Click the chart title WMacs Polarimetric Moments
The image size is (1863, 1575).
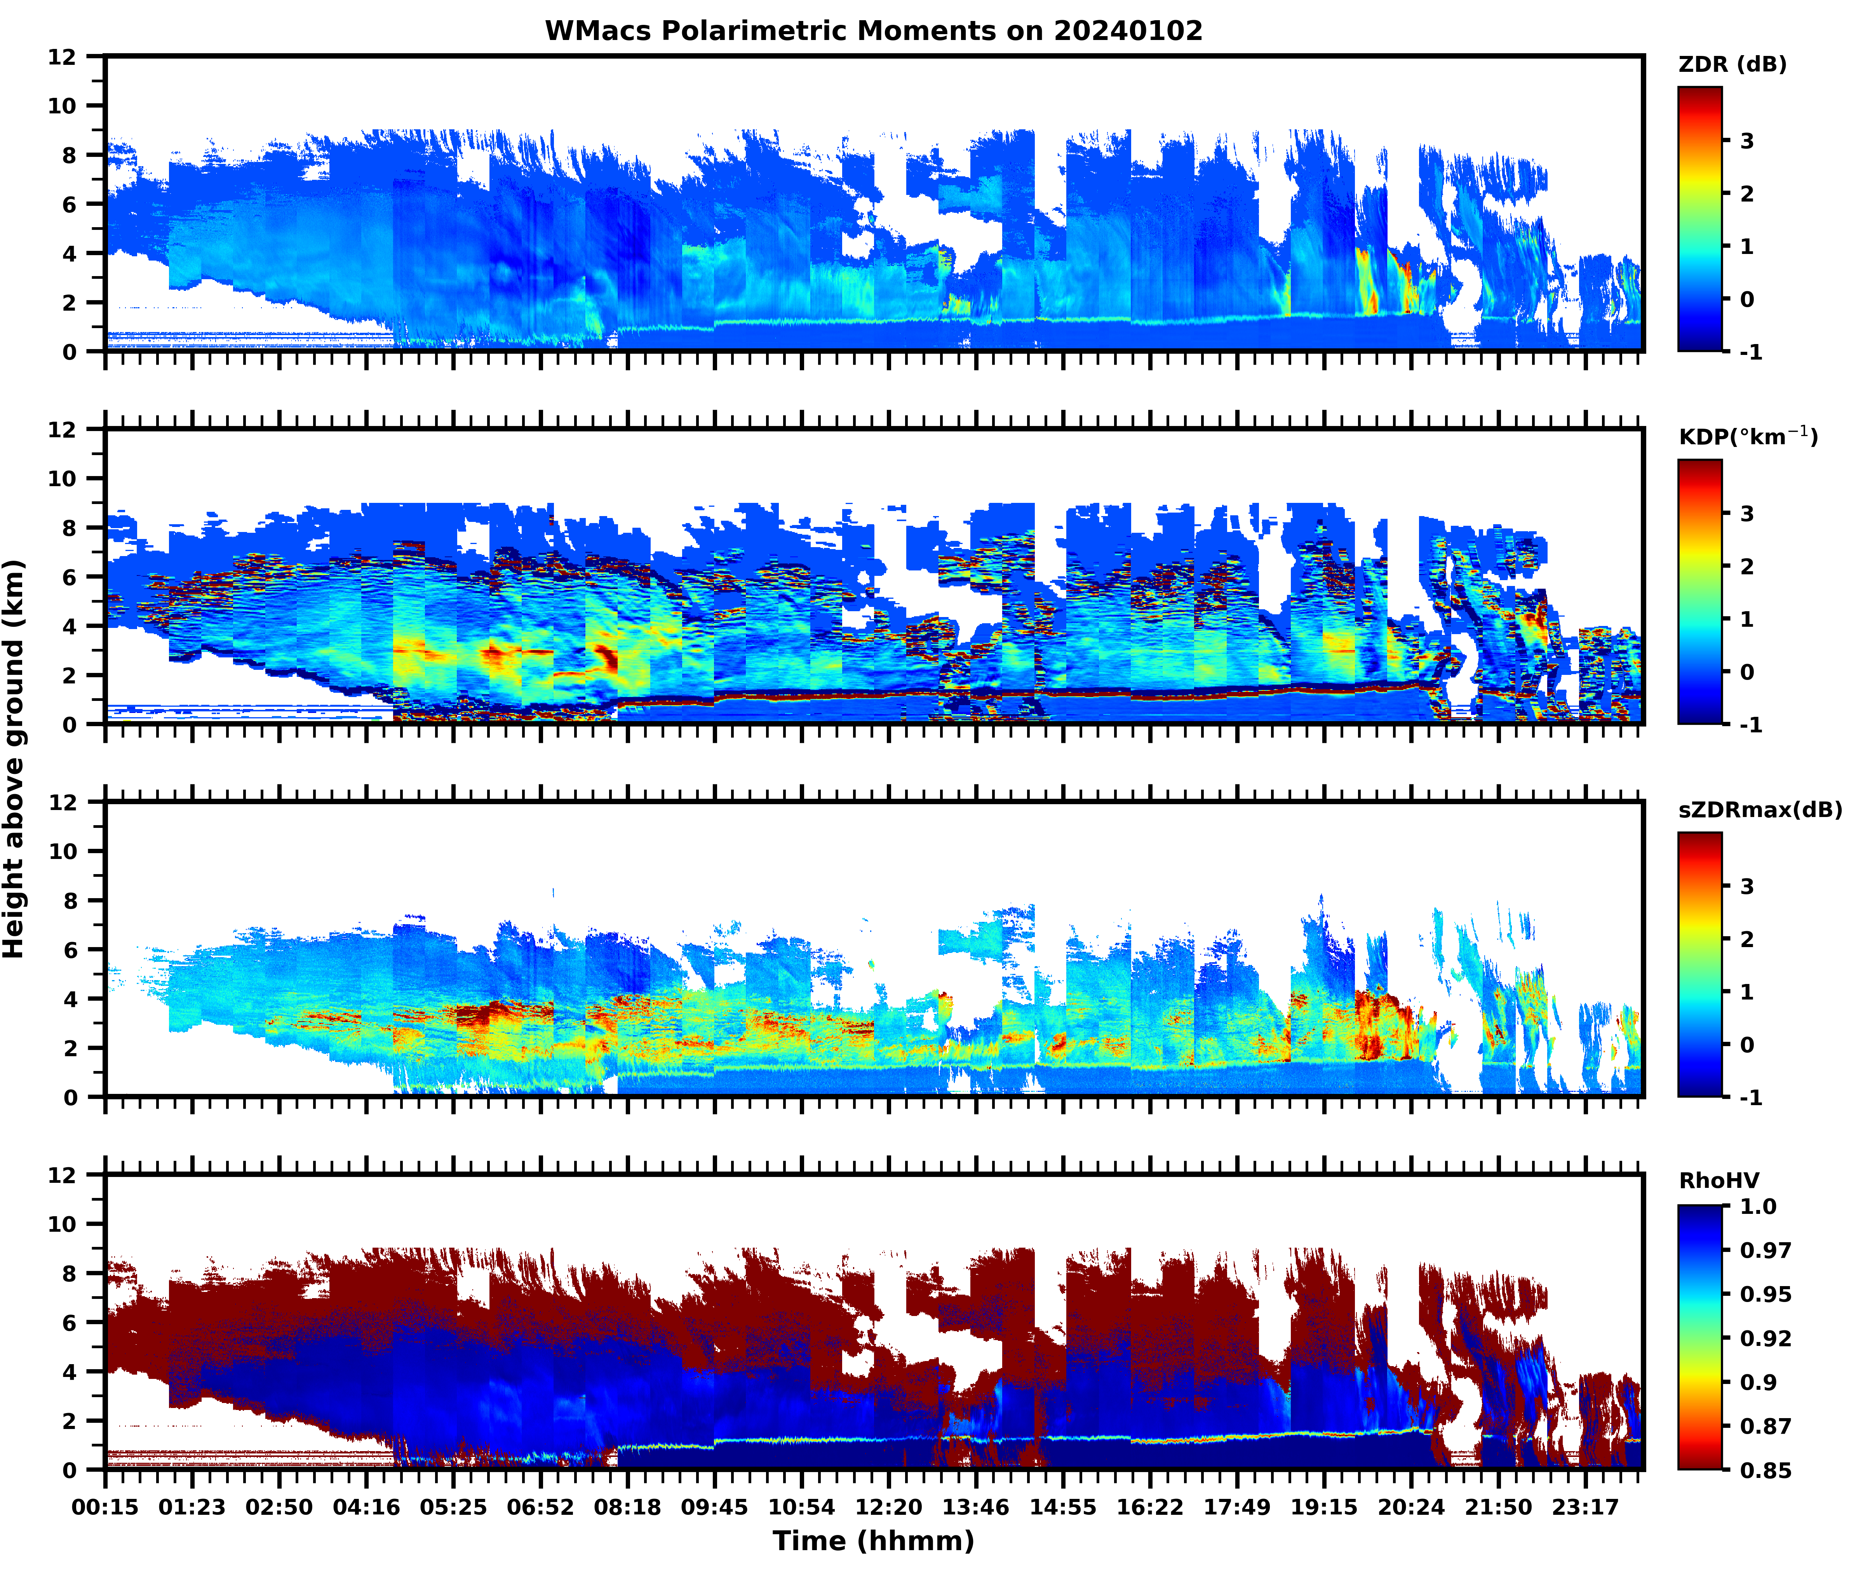coord(874,31)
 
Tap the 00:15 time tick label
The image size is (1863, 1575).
coord(105,1508)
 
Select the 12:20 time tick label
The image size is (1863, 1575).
coord(889,1508)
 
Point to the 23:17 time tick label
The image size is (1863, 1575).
coord(1585,1508)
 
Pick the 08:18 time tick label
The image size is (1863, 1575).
coord(628,1508)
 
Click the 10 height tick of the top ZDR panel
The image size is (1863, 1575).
coord(63,105)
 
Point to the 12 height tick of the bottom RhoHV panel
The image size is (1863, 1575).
coord(63,1175)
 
